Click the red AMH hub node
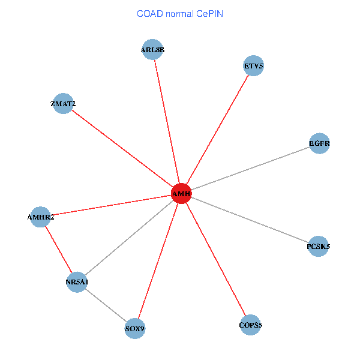(x=181, y=194)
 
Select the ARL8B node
(x=152, y=50)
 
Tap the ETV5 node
(x=254, y=65)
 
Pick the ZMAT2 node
(x=63, y=104)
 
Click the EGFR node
(x=319, y=143)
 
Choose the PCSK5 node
(x=318, y=246)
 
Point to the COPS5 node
(x=250, y=325)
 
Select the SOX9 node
(x=135, y=328)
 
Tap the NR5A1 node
(x=77, y=281)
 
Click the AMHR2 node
(x=40, y=217)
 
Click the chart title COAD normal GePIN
(x=180, y=14)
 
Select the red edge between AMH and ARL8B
(x=167, y=122)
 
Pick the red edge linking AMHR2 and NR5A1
(x=58, y=249)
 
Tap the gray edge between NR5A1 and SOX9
(x=106, y=305)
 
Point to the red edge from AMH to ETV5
(x=217, y=130)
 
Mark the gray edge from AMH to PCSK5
(x=250, y=220)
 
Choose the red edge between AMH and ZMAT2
(x=122, y=149)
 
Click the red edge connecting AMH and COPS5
(x=215, y=259)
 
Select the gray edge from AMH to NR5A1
(x=129, y=238)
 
